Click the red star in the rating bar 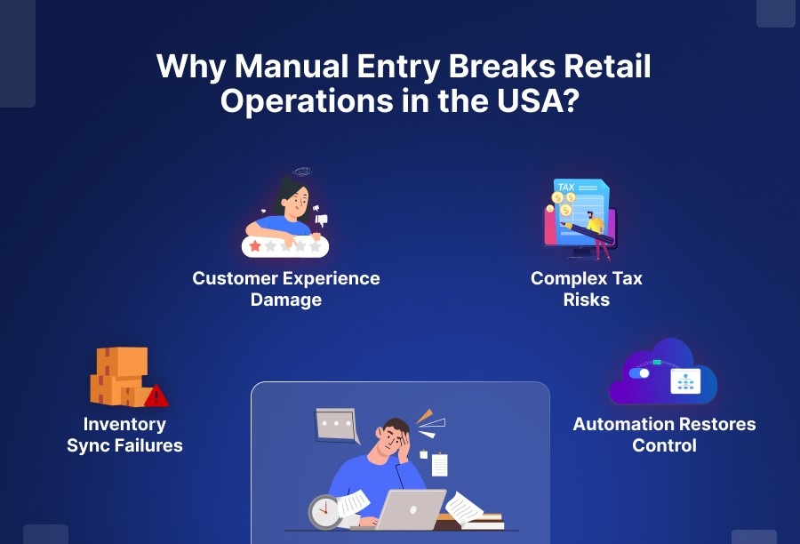pyautogui.click(x=255, y=246)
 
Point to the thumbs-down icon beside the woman pyautogui.click(x=322, y=219)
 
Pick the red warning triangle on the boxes pyautogui.click(x=156, y=396)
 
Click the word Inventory pyautogui.click(x=124, y=424)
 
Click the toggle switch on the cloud pyautogui.click(x=639, y=373)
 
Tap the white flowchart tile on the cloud pyautogui.click(x=685, y=380)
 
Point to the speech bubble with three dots pyautogui.click(x=336, y=424)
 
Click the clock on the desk pyautogui.click(x=324, y=511)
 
